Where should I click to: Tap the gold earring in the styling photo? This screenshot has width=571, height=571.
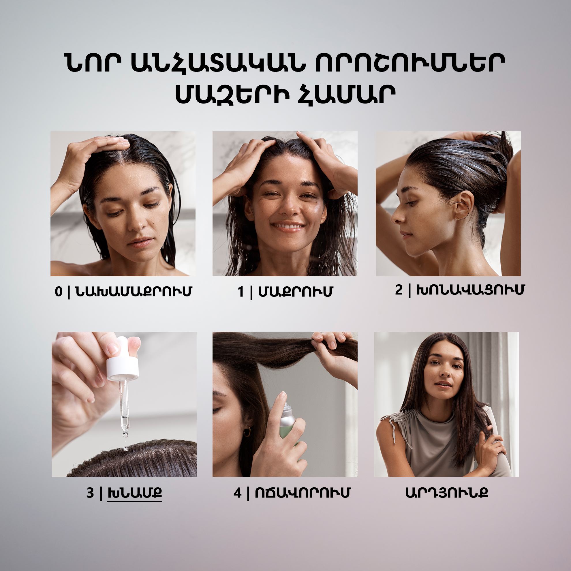pyautogui.click(x=247, y=432)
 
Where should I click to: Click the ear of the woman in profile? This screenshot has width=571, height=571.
pyautogui.click(x=463, y=205)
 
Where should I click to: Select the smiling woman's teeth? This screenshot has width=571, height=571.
pyautogui.click(x=288, y=226)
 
